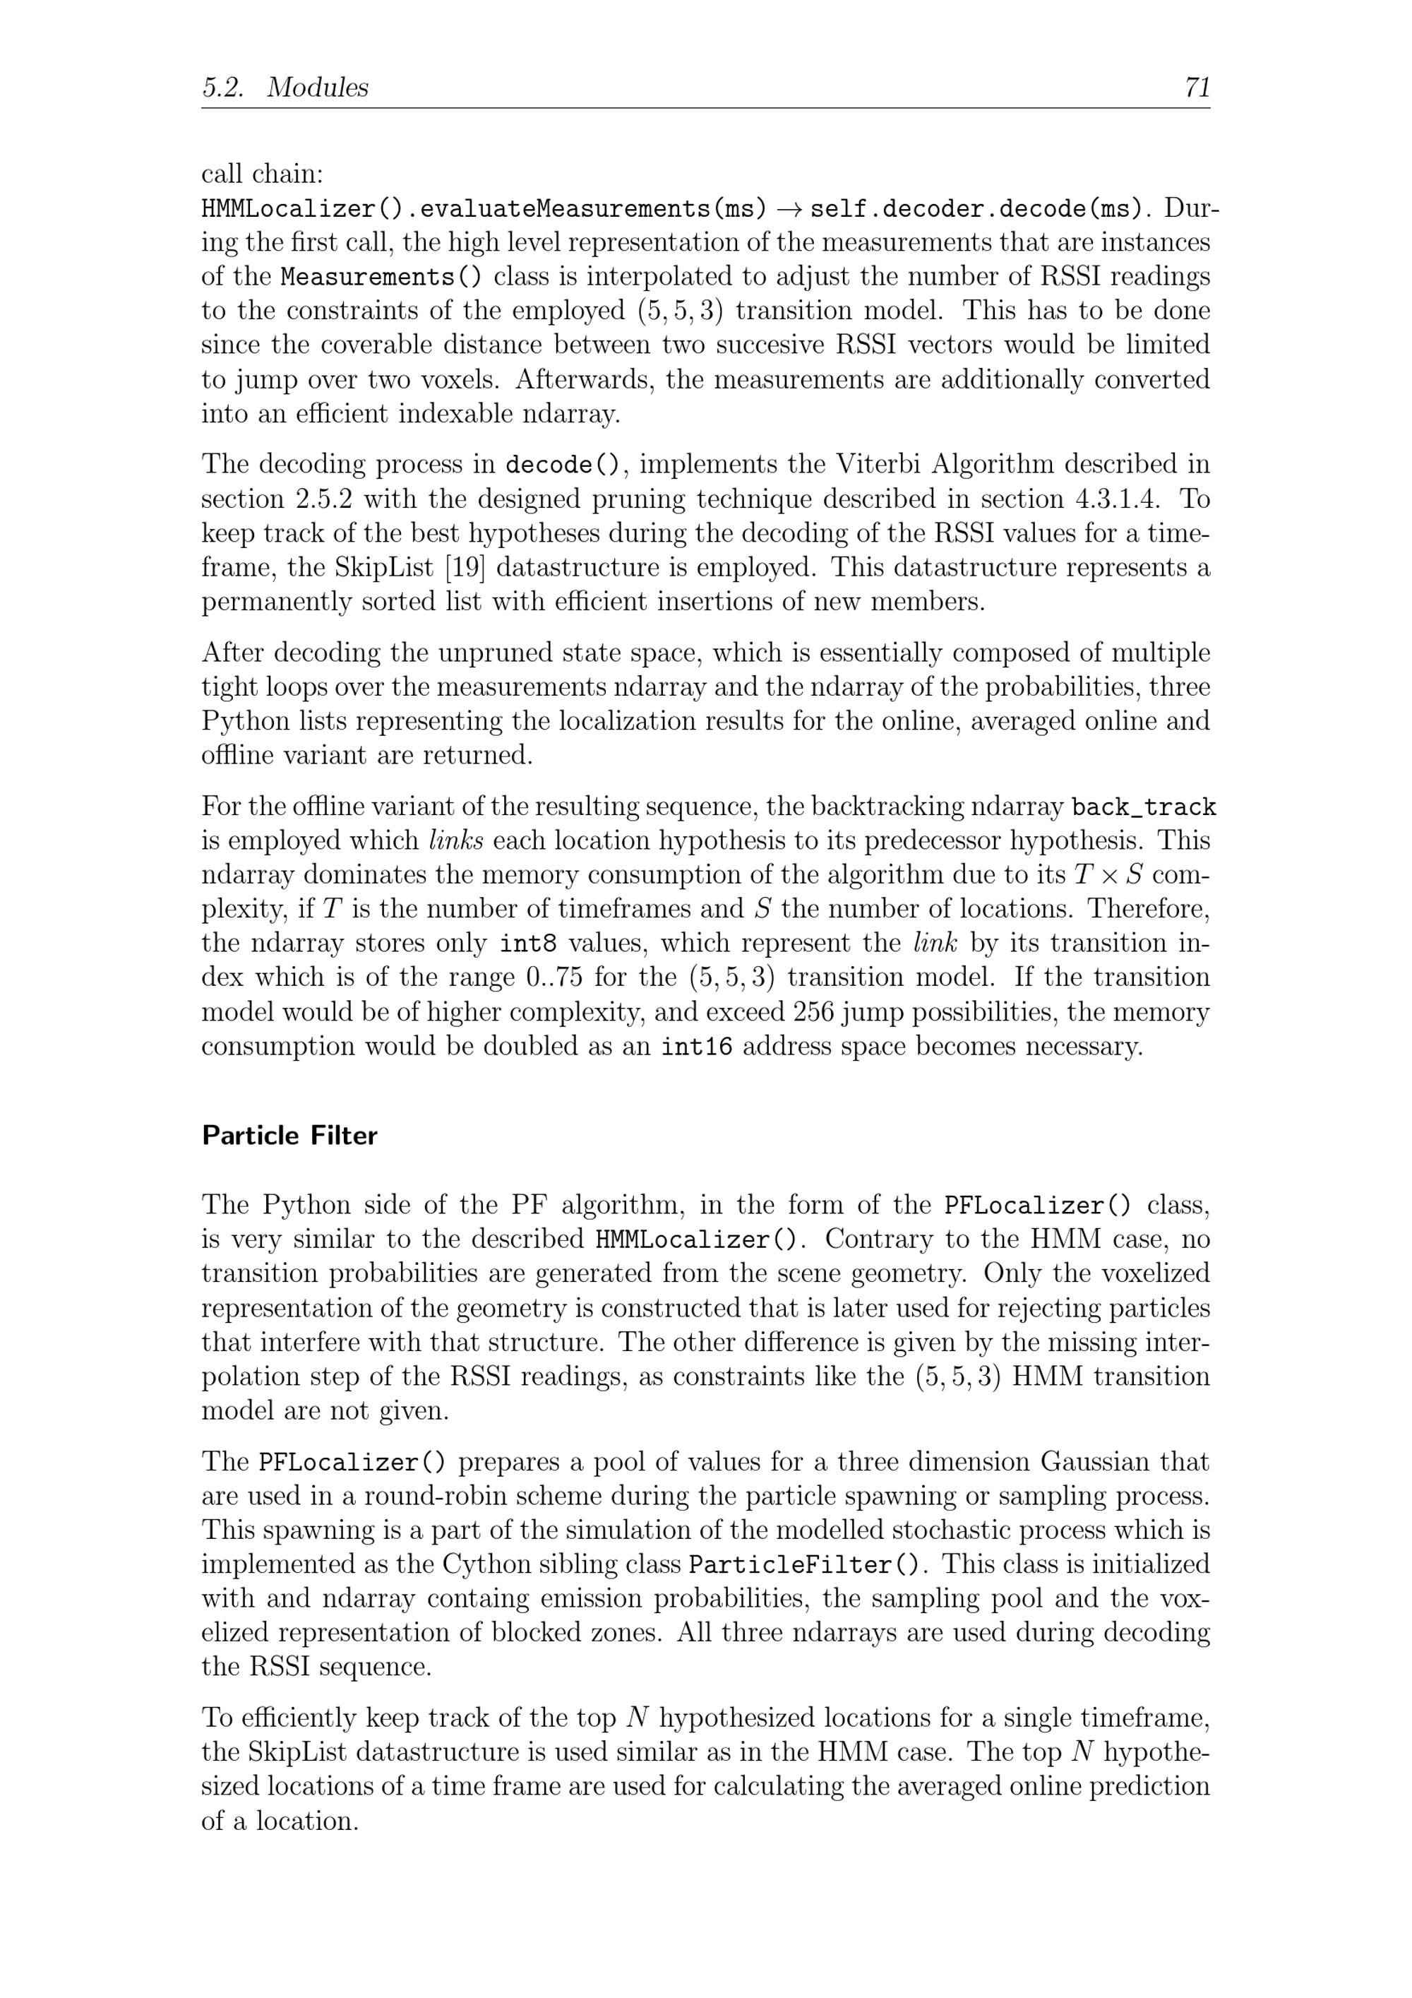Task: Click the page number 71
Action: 1196,87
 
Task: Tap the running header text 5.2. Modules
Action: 285,87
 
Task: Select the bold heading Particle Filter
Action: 289,1136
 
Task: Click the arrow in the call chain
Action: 788,209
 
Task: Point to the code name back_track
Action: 1143,807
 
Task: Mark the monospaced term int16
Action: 696,1046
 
